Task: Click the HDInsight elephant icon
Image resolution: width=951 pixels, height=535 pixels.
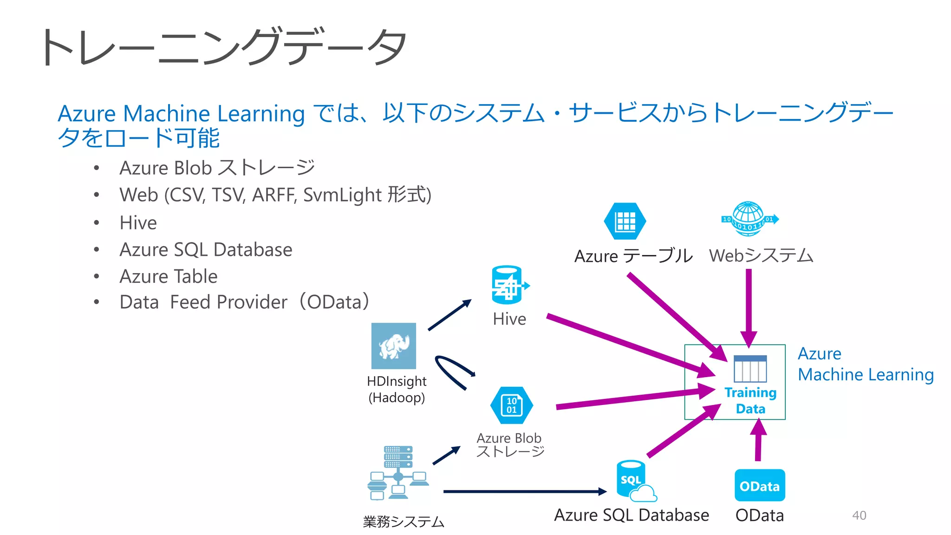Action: (x=393, y=346)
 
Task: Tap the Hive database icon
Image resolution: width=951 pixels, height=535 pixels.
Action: (x=507, y=284)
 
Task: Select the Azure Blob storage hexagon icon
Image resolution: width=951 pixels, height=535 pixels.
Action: (x=511, y=405)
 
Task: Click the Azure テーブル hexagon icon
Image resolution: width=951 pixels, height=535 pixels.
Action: (x=625, y=221)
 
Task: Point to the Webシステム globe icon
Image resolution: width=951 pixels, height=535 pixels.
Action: (x=749, y=219)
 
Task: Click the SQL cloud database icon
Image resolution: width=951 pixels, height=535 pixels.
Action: (x=634, y=481)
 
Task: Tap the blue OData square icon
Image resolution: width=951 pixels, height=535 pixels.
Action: (x=759, y=486)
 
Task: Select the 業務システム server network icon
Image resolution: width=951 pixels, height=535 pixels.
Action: (x=398, y=472)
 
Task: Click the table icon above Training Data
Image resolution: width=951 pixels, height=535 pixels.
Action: (x=750, y=369)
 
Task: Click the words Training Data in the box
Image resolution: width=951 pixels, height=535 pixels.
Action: (x=750, y=400)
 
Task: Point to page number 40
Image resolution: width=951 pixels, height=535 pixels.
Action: (x=859, y=515)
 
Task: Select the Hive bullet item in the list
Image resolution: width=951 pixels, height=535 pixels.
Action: (x=138, y=222)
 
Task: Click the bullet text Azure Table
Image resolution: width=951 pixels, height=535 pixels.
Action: (x=168, y=276)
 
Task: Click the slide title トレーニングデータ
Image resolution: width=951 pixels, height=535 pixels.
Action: (x=223, y=47)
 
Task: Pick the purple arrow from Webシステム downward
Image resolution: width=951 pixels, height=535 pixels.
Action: (x=749, y=307)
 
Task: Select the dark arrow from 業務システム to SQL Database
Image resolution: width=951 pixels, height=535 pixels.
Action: (x=525, y=491)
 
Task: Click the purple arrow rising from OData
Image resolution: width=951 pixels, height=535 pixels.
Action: (x=758, y=441)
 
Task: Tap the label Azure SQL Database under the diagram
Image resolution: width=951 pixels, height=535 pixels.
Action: (x=631, y=515)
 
